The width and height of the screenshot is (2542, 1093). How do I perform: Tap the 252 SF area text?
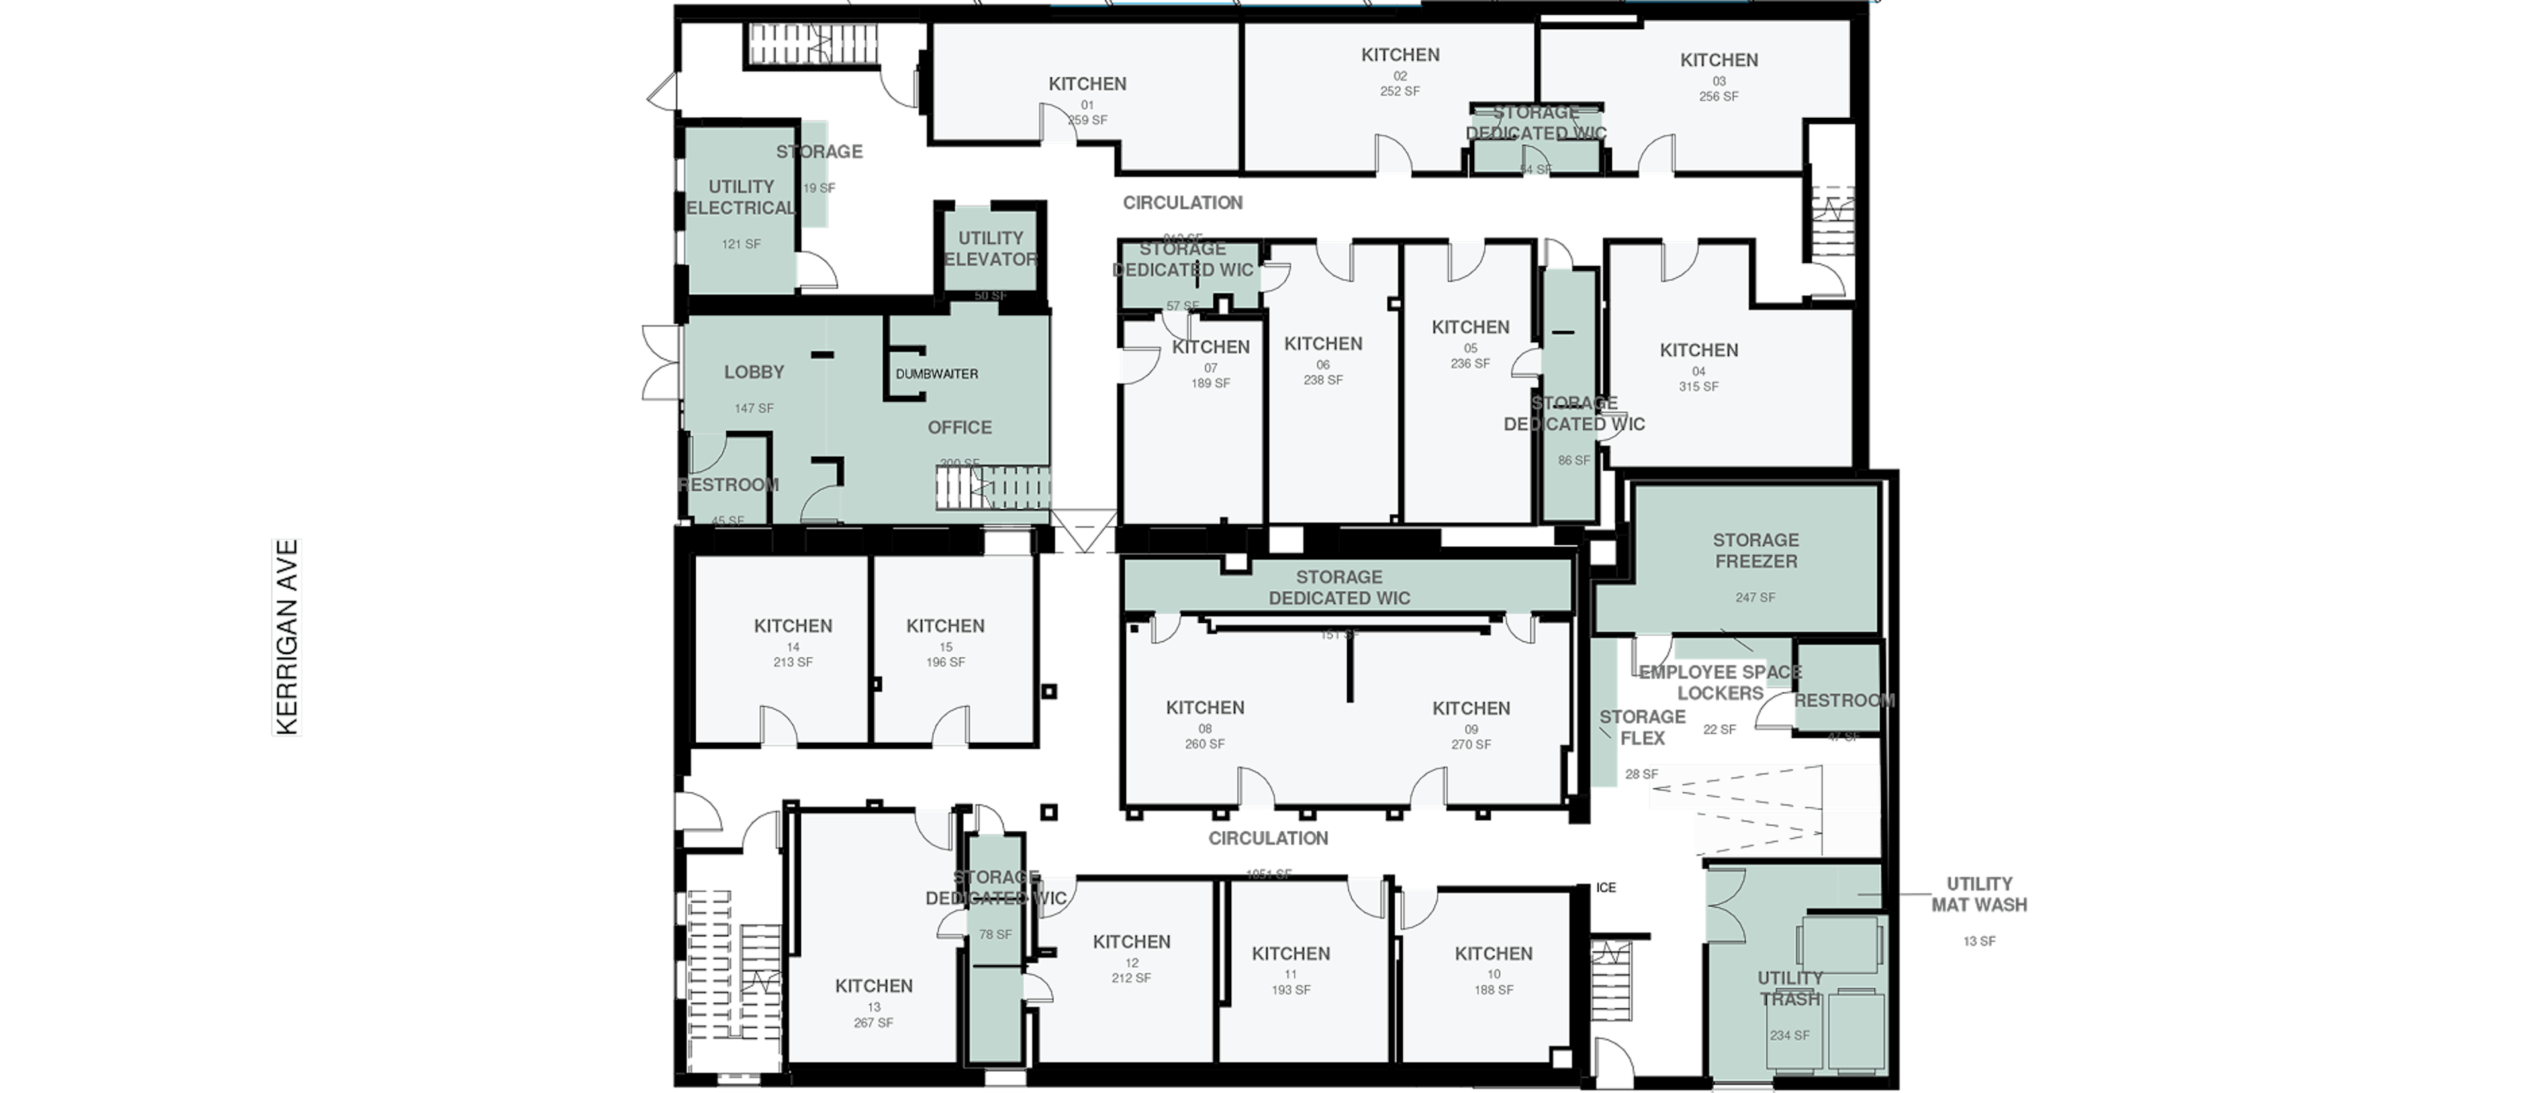point(1399,91)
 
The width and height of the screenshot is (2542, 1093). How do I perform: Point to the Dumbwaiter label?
point(937,374)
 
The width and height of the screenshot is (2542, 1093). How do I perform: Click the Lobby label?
point(754,372)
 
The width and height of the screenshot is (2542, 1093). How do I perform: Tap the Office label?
point(959,427)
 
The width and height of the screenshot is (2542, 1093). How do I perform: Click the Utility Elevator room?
point(991,248)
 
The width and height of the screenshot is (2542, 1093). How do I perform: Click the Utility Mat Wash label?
point(1979,894)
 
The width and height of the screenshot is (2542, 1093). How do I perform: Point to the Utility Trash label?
point(1789,988)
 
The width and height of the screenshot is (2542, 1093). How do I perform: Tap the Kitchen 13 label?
point(873,986)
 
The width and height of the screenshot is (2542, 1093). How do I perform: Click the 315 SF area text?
point(1698,387)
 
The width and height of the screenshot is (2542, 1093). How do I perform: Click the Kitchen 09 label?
point(1470,708)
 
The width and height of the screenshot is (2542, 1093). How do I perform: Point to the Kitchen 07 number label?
point(1210,368)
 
